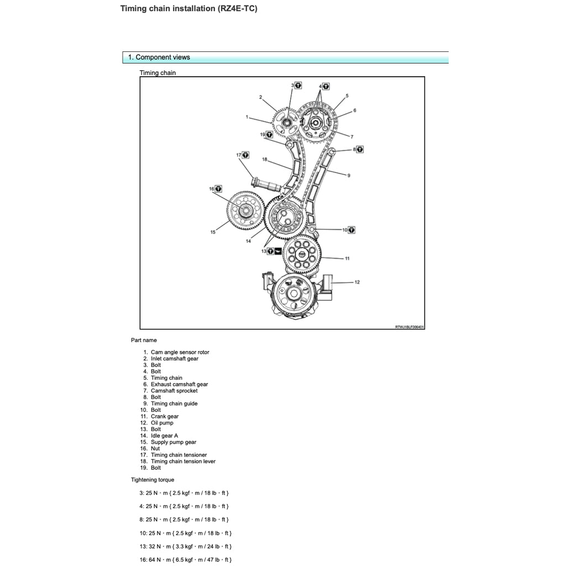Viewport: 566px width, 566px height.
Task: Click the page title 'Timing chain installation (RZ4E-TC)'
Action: pos(188,8)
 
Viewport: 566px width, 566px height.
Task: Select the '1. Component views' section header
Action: pos(159,57)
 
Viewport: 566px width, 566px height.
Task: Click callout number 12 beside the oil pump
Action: pos(357,282)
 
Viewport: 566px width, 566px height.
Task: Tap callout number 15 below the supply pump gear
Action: pos(213,232)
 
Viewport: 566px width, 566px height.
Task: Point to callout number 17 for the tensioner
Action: pos(239,155)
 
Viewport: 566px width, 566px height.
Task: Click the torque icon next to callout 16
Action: pos(218,189)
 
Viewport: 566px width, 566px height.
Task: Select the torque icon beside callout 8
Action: pos(360,149)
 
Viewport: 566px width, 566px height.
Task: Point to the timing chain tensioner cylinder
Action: pos(266,184)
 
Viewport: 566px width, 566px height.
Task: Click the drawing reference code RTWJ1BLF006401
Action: pos(409,327)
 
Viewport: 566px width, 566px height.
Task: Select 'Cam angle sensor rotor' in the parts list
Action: pos(180,352)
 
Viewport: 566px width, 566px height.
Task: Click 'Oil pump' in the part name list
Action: pos(162,423)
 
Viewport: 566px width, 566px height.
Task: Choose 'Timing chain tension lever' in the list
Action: pos(183,461)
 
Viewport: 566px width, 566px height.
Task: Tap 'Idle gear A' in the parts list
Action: pos(164,436)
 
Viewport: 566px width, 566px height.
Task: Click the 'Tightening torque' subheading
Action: pos(153,480)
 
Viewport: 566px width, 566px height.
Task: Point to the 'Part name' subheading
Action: pos(144,340)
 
